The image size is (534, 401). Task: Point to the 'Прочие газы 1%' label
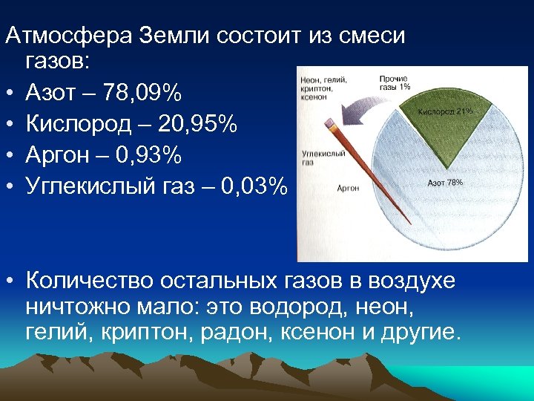point(394,82)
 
